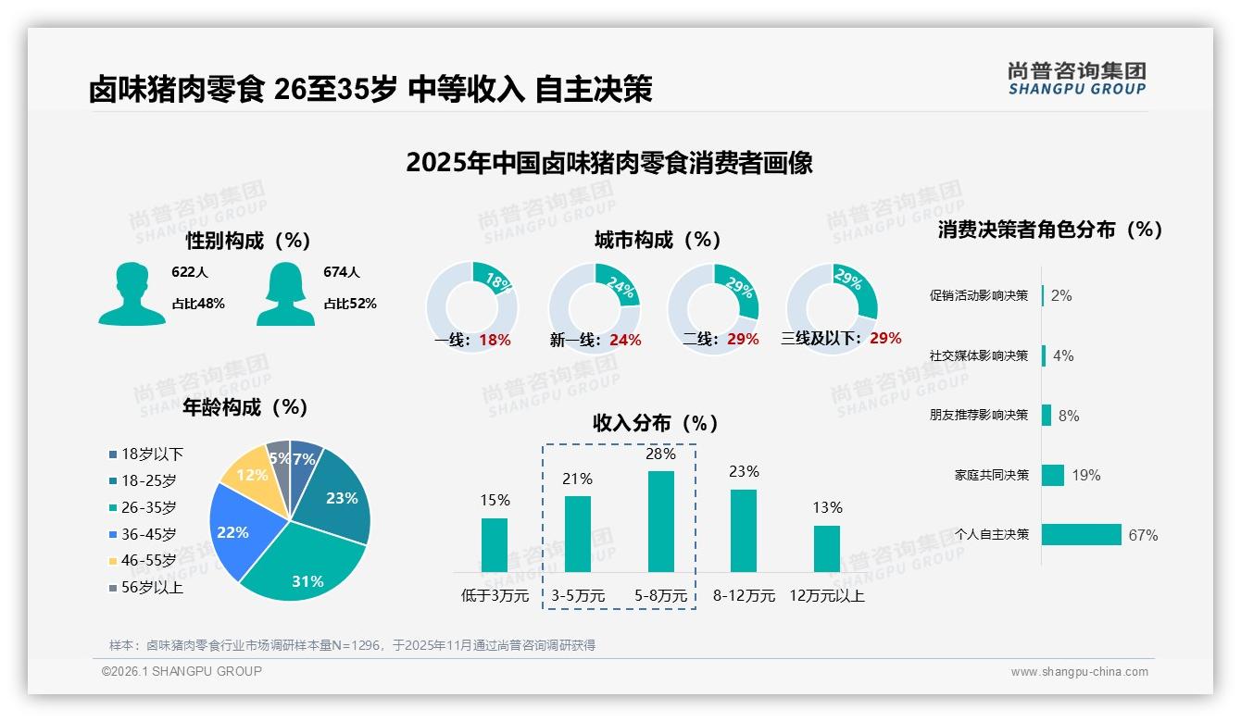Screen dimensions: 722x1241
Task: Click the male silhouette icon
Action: [132, 294]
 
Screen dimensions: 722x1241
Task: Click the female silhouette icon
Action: [285, 294]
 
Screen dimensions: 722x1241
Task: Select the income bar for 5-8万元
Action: [661, 522]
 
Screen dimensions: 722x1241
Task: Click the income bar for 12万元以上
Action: [827, 549]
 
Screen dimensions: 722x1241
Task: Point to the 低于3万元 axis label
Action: [495, 596]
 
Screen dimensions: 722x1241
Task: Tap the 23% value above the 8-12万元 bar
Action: [744, 472]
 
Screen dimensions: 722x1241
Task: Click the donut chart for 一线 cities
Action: [471, 307]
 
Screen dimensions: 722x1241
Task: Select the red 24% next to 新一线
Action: [625, 341]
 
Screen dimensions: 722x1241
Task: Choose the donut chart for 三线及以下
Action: [832, 307]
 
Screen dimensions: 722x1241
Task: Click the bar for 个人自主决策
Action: [1081, 535]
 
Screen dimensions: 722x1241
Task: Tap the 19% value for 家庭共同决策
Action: [1086, 476]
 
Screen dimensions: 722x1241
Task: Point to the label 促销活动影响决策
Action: [979, 296]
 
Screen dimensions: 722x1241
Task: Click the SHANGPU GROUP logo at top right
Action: [1077, 79]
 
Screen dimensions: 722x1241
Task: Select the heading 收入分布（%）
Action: [656, 424]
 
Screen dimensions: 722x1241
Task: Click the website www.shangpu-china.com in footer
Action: [1079, 672]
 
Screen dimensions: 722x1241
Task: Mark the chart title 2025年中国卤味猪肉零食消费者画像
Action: [609, 163]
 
